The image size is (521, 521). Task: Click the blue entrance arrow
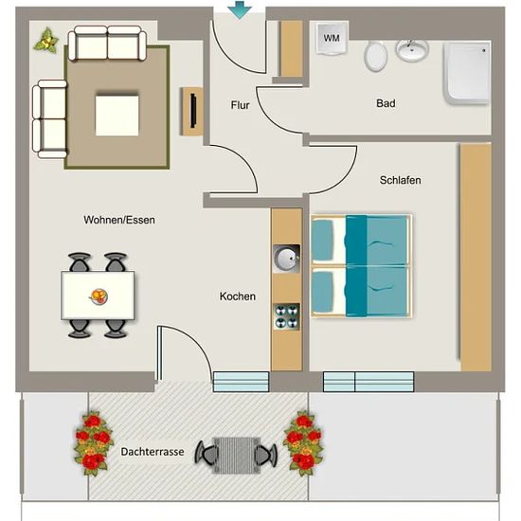(x=240, y=10)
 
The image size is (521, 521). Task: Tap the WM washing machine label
(x=332, y=38)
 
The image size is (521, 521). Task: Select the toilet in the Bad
(x=375, y=56)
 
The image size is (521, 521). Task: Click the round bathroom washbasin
(x=412, y=50)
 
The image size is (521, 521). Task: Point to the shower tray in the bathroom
(x=467, y=73)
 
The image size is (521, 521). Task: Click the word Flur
(x=240, y=105)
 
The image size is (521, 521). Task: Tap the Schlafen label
(x=400, y=180)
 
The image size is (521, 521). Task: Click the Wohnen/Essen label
(x=119, y=220)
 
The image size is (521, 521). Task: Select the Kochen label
(x=238, y=296)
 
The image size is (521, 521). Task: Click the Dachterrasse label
(x=153, y=452)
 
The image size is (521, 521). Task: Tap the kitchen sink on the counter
(x=286, y=259)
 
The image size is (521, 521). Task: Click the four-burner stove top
(x=286, y=316)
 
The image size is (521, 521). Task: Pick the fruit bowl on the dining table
(x=99, y=296)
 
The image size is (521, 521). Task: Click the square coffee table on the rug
(x=117, y=116)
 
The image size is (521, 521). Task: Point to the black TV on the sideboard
(x=193, y=111)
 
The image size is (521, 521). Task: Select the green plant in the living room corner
(x=46, y=40)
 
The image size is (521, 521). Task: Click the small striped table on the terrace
(x=236, y=456)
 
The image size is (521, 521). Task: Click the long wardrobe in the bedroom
(x=476, y=257)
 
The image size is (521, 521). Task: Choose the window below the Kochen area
(x=241, y=382)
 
